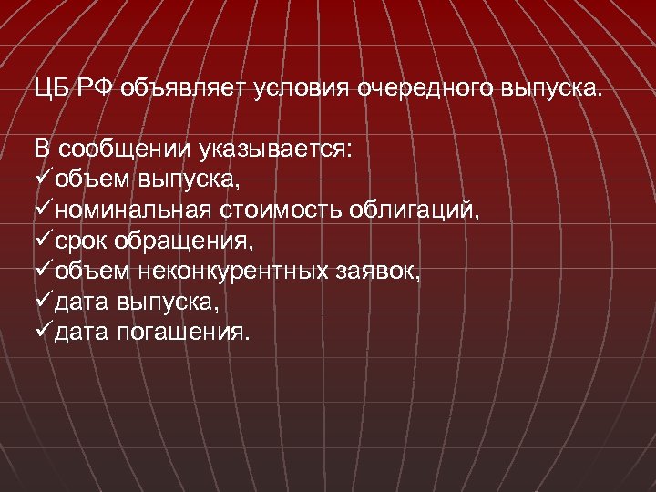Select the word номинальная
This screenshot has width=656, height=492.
[x=131, y=211]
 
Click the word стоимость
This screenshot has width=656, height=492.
[x=277, y=211]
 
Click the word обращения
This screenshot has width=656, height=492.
[x=178, y=242]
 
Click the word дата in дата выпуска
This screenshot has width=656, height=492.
[x=81, y=302]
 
